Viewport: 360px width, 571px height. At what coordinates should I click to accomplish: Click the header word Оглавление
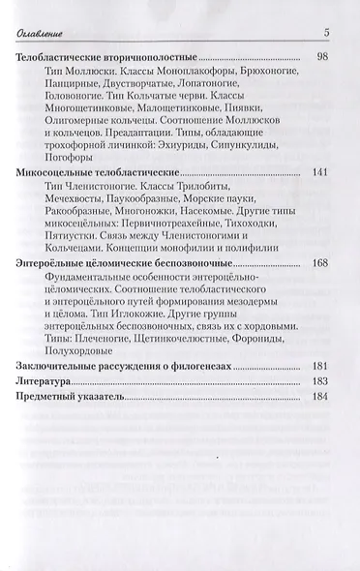tap(49, 36)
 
